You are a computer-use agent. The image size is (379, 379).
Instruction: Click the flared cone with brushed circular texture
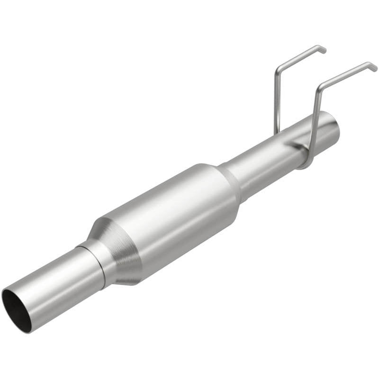(118, 251)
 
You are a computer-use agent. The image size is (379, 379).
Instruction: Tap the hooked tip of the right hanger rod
(374, 66)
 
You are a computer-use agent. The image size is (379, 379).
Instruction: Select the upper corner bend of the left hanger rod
(278, 71)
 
